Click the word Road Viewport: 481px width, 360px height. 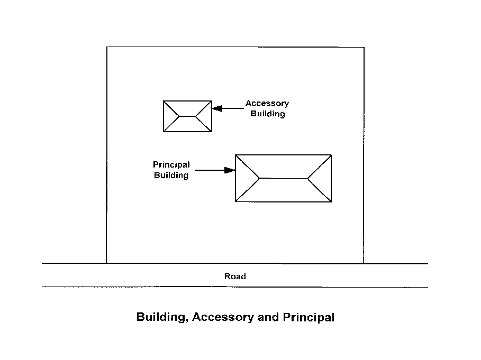point(235,276)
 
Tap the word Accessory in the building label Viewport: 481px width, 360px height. point(267,104)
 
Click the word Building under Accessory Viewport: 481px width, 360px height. point(268,114)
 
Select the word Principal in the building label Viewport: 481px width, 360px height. point(171,165)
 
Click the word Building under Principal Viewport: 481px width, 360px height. point(171,176)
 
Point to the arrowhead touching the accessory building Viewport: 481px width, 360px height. point(216,108)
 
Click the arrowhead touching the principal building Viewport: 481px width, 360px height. point(230,170)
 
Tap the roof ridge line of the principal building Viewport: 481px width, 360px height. point(283,179)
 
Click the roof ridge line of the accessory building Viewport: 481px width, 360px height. point(187,116)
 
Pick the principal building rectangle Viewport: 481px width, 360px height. point(283,193)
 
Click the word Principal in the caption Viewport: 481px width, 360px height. point(308,318)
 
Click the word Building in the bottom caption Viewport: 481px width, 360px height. point(160,318)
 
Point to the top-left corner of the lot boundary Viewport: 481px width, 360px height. point(107,47)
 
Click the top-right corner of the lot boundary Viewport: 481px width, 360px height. point(364,48)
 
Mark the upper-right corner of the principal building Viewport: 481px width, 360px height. point(331,155)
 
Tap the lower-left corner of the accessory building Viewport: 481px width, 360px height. point(164,131)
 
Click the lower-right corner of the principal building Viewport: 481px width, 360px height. point(331,201)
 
